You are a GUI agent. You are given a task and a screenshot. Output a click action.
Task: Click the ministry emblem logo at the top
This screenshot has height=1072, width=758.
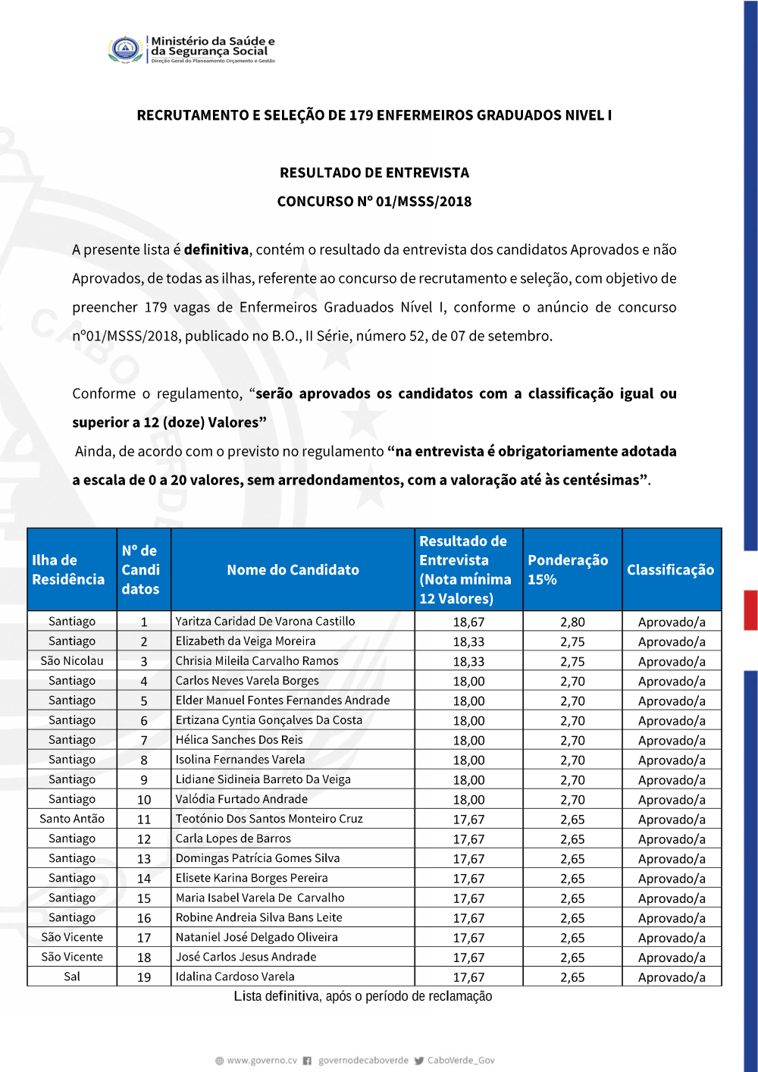tap(125, 50)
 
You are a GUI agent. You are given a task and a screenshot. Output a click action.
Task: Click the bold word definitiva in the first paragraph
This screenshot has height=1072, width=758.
tap(216, 249)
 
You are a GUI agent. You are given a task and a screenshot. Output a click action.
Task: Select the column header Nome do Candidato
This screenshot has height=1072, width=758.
tap(293, 569)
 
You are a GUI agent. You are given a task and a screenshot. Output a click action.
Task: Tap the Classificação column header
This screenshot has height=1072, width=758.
tap(670, 569)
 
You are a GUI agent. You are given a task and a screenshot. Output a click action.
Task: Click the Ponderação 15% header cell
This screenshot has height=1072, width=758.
tap(568, 569)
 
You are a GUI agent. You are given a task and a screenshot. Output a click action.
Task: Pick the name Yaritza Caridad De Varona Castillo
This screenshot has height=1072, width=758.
tap(265, 621)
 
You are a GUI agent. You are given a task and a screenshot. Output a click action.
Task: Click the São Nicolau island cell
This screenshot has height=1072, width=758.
tap(72, 660)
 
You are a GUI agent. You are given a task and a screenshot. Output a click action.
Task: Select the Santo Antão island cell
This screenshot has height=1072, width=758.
tap(72, 819)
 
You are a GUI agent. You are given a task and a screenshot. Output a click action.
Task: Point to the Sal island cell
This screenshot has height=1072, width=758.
tap(72, 976)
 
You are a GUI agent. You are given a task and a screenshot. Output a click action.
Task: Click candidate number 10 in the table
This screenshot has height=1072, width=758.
tap(144, 799)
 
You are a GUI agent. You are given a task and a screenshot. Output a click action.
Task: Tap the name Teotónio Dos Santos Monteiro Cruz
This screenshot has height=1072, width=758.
tap(269, 819)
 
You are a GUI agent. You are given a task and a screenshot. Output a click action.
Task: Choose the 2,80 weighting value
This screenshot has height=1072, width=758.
tap(572, 622)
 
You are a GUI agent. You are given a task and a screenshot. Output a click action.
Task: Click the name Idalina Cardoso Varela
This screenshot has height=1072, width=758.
tap(235, 976)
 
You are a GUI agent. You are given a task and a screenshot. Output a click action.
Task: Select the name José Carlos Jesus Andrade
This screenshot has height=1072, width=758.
tap(246, 957)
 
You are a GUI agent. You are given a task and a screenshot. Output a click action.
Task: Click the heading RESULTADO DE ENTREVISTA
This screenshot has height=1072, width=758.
tap(374, 173)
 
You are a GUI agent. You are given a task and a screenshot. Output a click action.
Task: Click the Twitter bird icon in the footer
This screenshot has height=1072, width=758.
tap(419, 1061)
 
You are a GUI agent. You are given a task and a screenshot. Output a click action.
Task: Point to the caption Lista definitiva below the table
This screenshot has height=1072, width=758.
tap(362, 996)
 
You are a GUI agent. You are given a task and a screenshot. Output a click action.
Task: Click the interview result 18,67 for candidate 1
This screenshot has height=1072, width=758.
tap(468, 622)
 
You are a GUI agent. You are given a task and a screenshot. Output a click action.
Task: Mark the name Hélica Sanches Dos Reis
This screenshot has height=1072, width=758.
tap(239, 740)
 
